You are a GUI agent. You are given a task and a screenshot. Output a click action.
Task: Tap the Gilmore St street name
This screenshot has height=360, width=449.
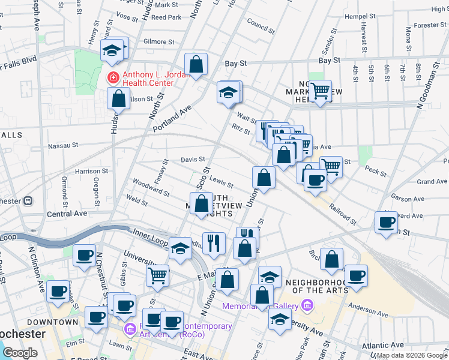[158, 42]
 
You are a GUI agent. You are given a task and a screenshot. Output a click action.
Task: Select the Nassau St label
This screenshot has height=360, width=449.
[63, 145]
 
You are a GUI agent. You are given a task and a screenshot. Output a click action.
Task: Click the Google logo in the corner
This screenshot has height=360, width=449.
[20, 353]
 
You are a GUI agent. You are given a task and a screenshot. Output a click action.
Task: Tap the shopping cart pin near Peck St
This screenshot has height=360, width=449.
[331, 166]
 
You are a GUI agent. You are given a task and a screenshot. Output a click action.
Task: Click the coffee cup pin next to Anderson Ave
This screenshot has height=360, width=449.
[356, 275]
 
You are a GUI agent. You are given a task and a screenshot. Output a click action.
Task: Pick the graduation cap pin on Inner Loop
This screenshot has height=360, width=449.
[180, 248]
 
